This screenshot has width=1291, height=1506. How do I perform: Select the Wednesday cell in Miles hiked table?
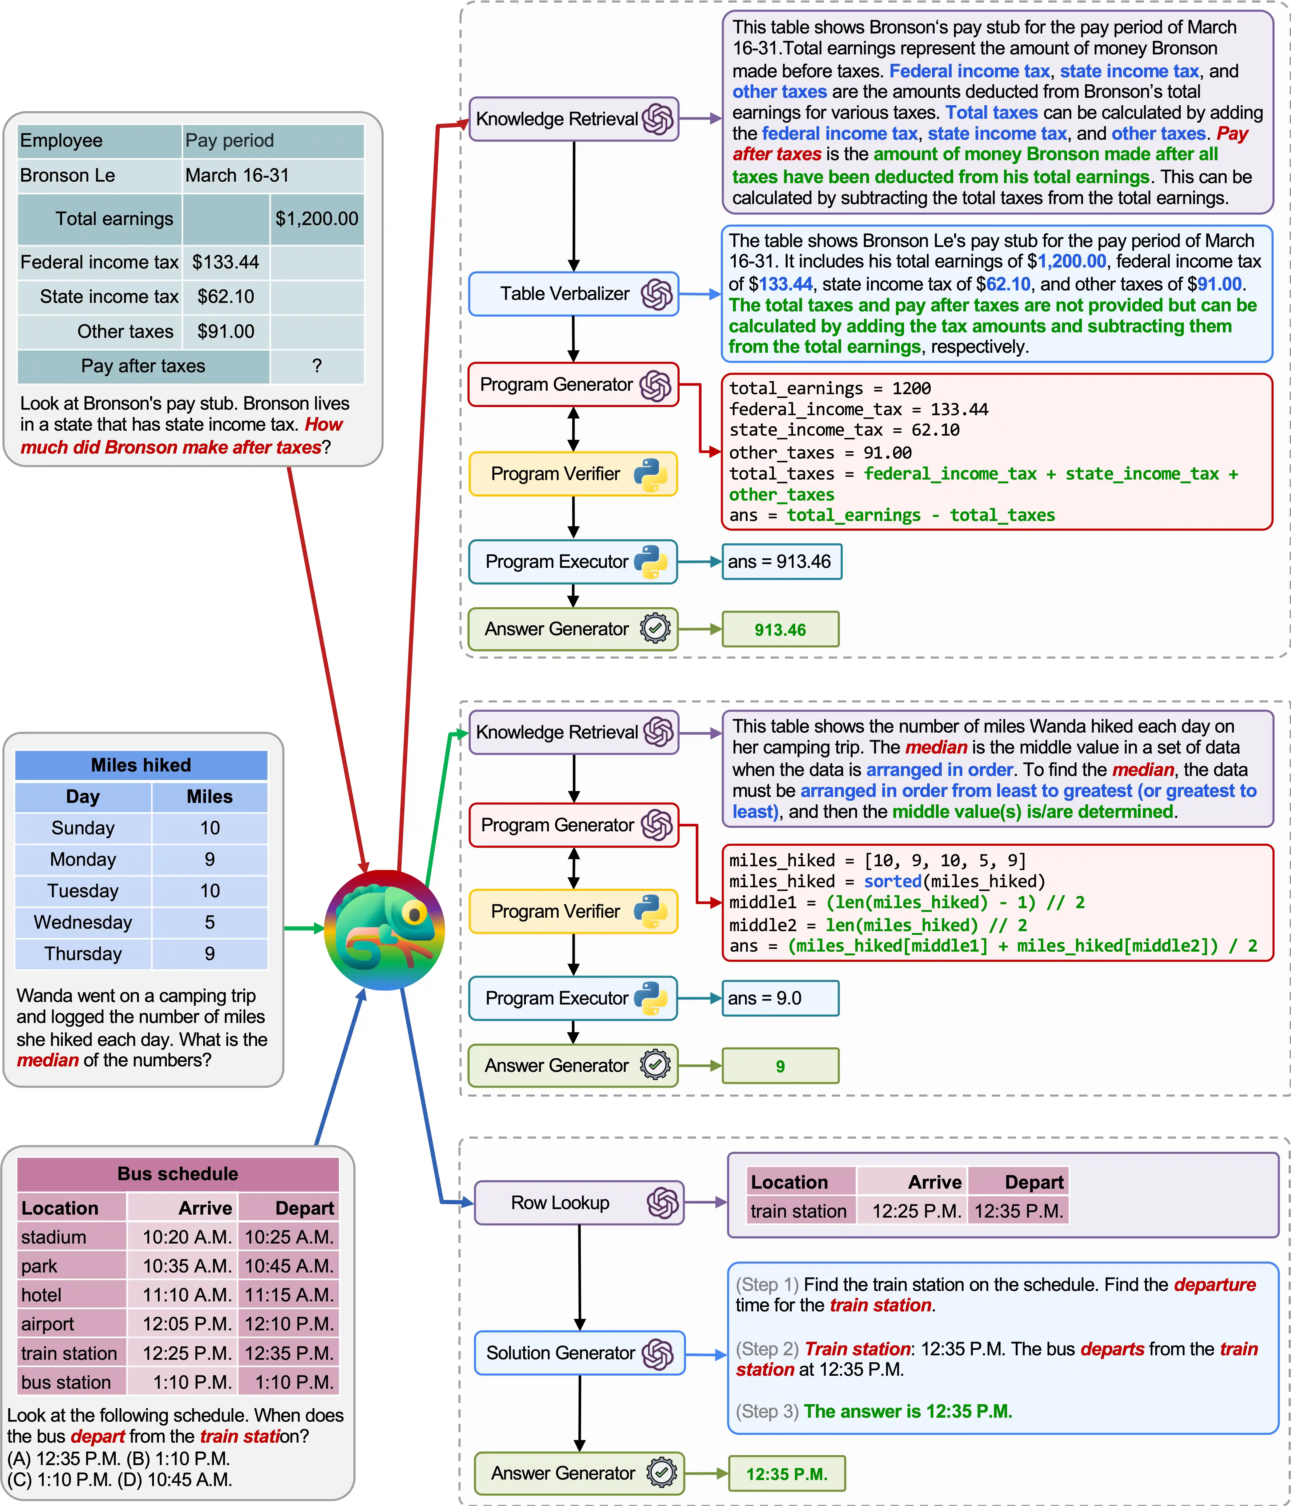(83, 922)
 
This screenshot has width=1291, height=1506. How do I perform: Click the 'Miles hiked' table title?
(141, 765)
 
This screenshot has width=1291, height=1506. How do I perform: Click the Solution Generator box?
(579, 1353)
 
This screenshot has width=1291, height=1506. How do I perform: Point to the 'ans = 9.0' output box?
(780, 998)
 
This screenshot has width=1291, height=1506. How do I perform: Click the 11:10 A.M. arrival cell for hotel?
(187, 1295)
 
